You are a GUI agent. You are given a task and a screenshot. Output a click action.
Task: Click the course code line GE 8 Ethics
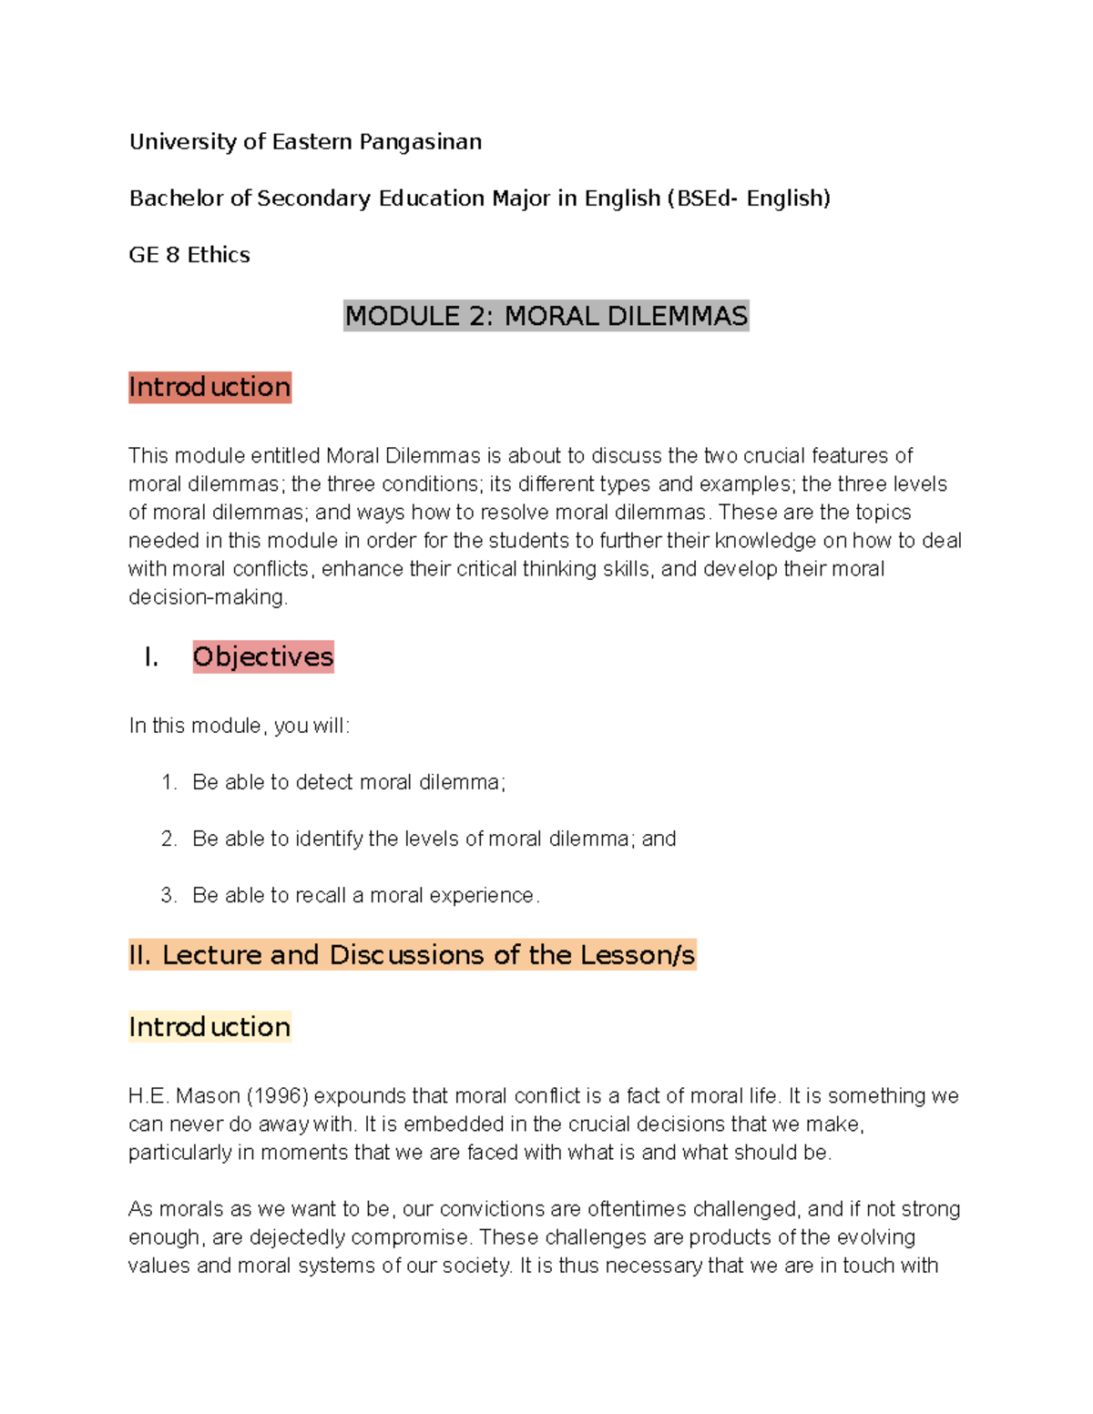click(x=189, y=255)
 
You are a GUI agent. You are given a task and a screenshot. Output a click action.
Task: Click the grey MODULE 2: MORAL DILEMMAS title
click(x=546, y=316)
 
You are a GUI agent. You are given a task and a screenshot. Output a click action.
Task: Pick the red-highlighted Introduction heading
click(x=209, y=387)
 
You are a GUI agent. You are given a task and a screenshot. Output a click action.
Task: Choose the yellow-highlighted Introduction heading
click(x=209, y=1027)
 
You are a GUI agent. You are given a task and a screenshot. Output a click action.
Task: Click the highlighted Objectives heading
click(x=263, y=656)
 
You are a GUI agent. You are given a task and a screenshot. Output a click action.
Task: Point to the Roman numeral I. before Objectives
click(x=151, y=656)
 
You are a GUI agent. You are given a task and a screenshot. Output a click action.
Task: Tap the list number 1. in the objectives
click(x=169, y=782)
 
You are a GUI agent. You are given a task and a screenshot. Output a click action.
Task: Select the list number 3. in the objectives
click(x=169, y=895)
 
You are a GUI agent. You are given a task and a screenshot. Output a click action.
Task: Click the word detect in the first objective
click(x=324, y=782)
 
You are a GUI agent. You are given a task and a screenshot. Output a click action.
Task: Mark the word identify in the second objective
click(x=329, y=839)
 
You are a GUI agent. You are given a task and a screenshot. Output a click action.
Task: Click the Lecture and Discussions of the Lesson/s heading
click(x=412, y=955)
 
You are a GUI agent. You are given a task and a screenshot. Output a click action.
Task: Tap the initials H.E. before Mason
click(x=148, y=1095)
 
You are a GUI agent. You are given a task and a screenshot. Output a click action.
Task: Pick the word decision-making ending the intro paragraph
click(x=208, y=597)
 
